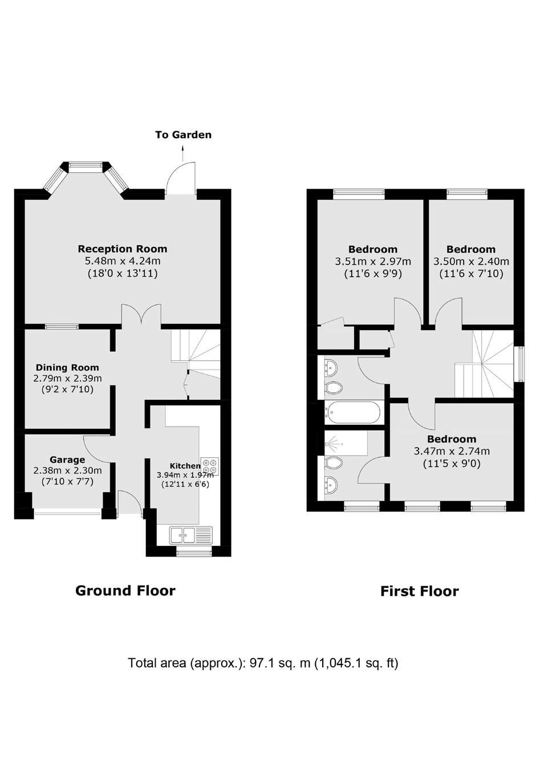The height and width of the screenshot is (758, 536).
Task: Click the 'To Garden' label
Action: coord(184,135)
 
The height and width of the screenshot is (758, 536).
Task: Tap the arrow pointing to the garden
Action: coord(183,153)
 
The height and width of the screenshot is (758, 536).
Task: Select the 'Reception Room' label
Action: coord(123,249)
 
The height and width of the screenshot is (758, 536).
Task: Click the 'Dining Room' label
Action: coord(67,367)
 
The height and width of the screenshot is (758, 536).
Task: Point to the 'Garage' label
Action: coord(67,460)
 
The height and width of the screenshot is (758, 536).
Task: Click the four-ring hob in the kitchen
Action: coord(210,467)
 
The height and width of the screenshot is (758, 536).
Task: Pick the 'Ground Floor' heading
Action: coord(125,590)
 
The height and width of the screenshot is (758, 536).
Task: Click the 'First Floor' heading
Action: coord(420,591)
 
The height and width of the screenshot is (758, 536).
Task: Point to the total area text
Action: coord(263,663)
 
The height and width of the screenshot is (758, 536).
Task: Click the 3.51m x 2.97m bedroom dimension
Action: coord(373,261)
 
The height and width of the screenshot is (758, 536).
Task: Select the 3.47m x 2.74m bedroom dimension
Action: coord(452,451)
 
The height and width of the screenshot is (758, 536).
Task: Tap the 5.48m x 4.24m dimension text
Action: coord(123,261)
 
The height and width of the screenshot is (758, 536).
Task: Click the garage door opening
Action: coord(67,513)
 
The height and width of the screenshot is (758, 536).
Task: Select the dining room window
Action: coord(62,327)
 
